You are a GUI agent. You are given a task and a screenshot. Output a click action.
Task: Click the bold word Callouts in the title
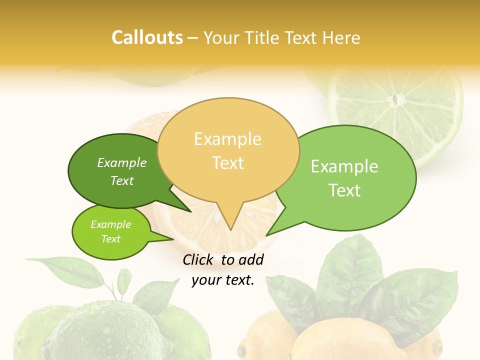(147, 37)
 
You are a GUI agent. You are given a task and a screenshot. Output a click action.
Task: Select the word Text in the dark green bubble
(122, 181)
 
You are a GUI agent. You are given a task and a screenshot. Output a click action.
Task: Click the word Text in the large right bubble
(344, 190)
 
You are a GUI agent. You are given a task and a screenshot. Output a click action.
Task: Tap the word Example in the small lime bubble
(111, 224)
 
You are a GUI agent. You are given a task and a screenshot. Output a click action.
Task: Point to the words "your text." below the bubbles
(223, 280)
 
